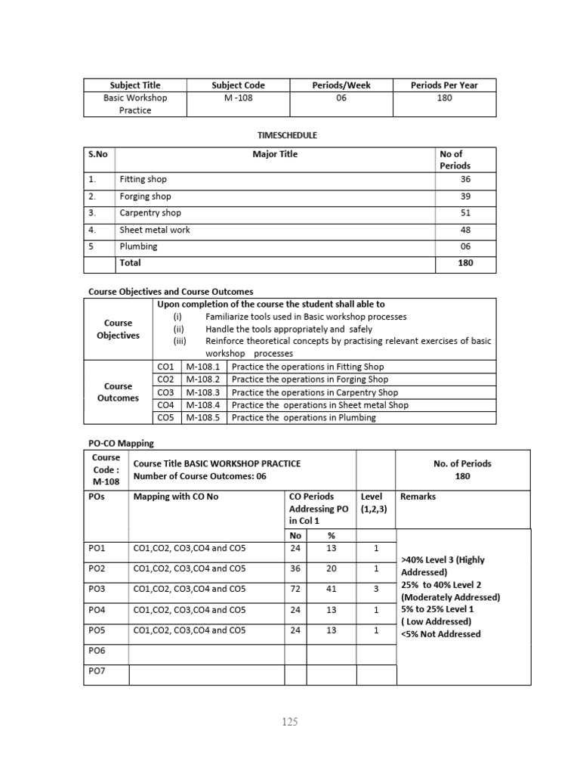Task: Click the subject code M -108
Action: (238, 98)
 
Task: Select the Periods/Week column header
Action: (341, 85)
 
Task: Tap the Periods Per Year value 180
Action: (444, 98)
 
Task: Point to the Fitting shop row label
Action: (143, 180)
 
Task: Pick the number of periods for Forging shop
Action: (465, 197)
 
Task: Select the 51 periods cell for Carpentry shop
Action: (465, 213)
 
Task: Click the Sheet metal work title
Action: (155, 230)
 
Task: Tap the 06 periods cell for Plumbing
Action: (465, 246)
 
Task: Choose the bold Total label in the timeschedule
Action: (130, 263)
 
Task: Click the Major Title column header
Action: (275, 154)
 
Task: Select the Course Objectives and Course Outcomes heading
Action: (171, 291)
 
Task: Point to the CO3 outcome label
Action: (165, 392)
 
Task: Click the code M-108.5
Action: (202, 418)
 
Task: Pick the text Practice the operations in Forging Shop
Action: (310, 379)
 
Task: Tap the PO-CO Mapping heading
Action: (122, 444)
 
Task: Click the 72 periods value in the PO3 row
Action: (295, 589)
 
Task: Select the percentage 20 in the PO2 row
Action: (331, 568)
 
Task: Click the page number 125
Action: (289, 722)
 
